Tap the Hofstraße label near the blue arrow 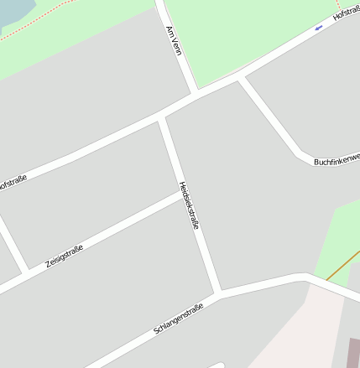(x=346, y=13)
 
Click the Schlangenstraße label (x=180, y=314)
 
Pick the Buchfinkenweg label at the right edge (x=336, y=159)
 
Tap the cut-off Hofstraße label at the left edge (x=13, y=182)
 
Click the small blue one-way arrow (x=318, y=29)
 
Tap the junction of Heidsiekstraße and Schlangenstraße (x=218, y=293)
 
